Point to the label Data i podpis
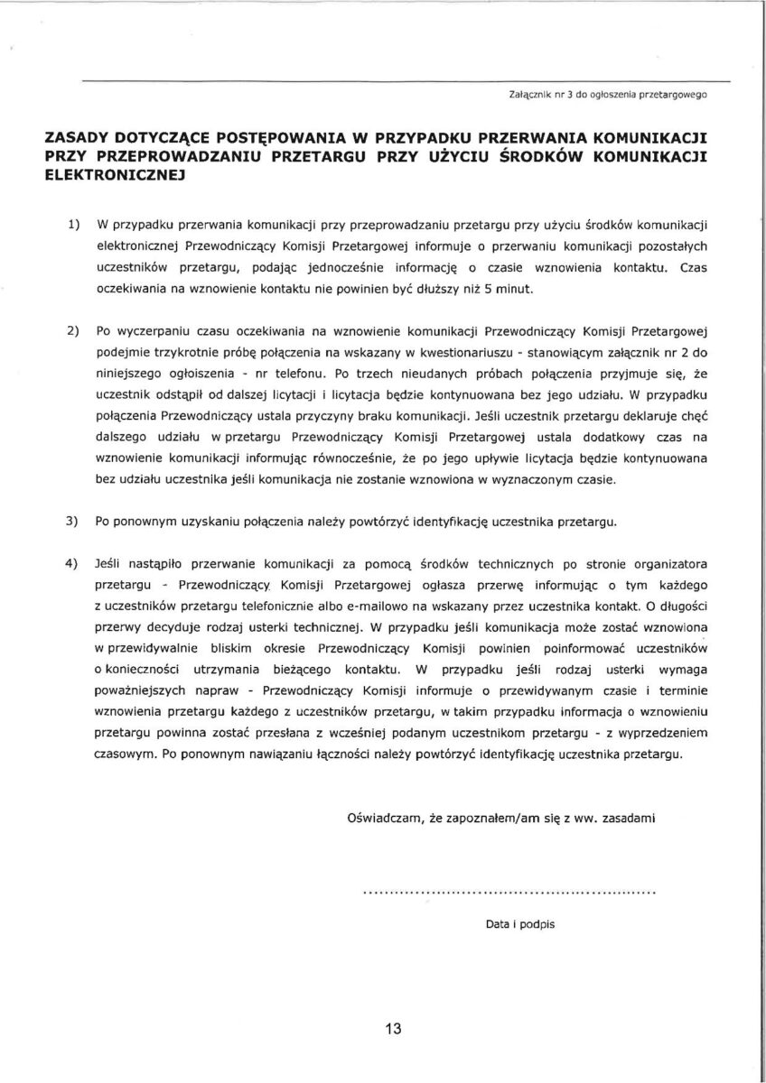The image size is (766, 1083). tap(519, 925)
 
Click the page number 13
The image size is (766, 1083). tap(390, 1028)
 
